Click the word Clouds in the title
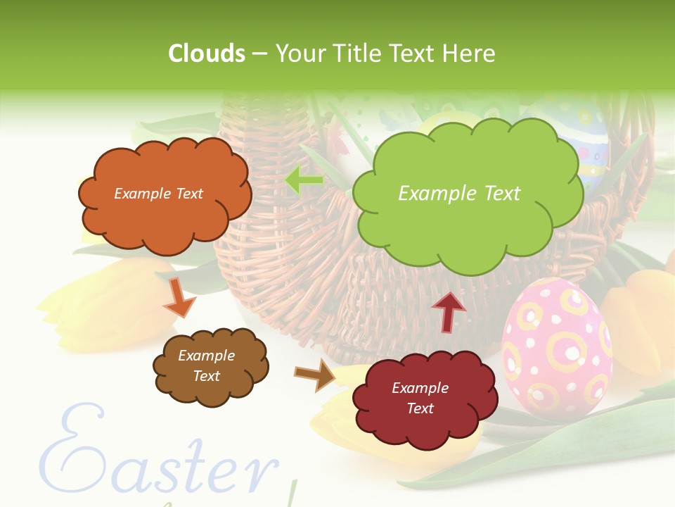[x=207, y=54]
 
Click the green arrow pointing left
[x=304, y=181]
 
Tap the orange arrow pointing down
[x=179, y=299]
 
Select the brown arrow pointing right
[x=316, y=374]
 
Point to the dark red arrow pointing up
[x=449, y=311]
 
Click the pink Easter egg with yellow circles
[x=555, y=345]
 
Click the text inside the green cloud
[x=459, y=194]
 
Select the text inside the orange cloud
[x=158, y=194]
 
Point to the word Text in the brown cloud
[x=207, y=376]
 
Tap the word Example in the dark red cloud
[x=420, y=388]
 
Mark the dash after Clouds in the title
[x=259, y=54]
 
